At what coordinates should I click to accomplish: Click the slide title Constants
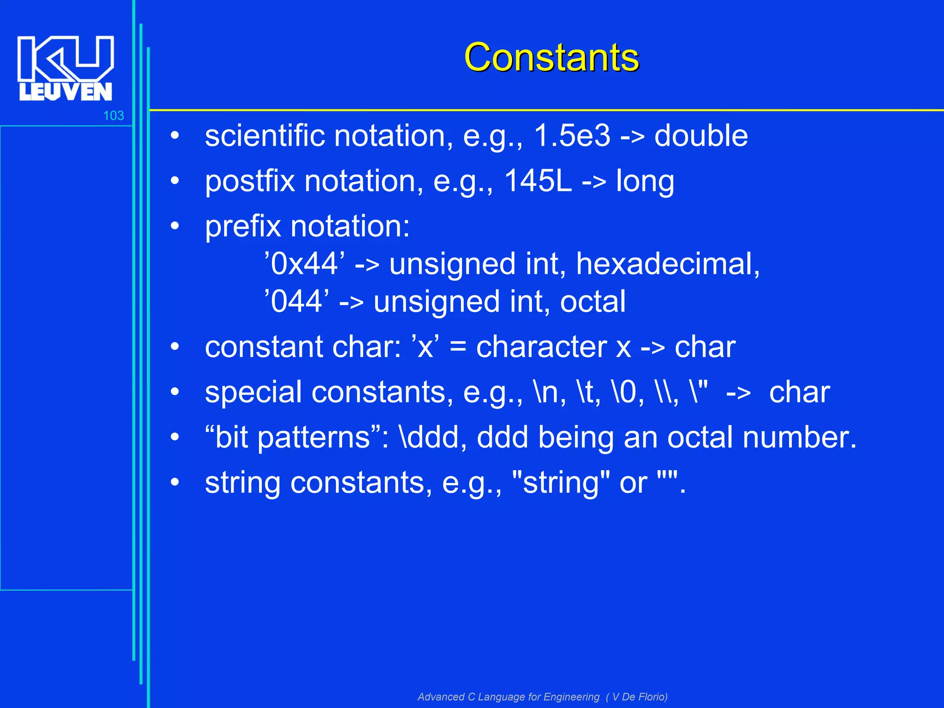click(x=551, y=57)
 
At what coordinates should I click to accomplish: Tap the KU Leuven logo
click(x=65, y=68)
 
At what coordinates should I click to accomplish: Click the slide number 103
click(x=113, y=116)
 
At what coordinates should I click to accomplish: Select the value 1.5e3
click(x=572, y=136)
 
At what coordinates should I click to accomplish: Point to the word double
click(x=701, y=136)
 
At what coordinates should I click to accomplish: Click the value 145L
click(x=537, y=181)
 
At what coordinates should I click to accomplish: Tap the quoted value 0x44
click(x=304, y=264)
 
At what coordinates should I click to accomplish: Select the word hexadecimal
click(x=667, y=264)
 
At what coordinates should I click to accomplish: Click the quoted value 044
click(x=296, y=302)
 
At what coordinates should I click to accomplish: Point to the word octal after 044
click(x=593, y=302)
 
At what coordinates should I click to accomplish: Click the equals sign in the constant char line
click(x=458, y=347)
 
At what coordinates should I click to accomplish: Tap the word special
click(x=253, y=393)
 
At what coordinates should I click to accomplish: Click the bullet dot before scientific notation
click(x=174, y=136)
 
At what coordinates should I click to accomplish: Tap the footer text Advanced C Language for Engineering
click(x=508, y=696)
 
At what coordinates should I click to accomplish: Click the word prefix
click(x=243, y=227)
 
